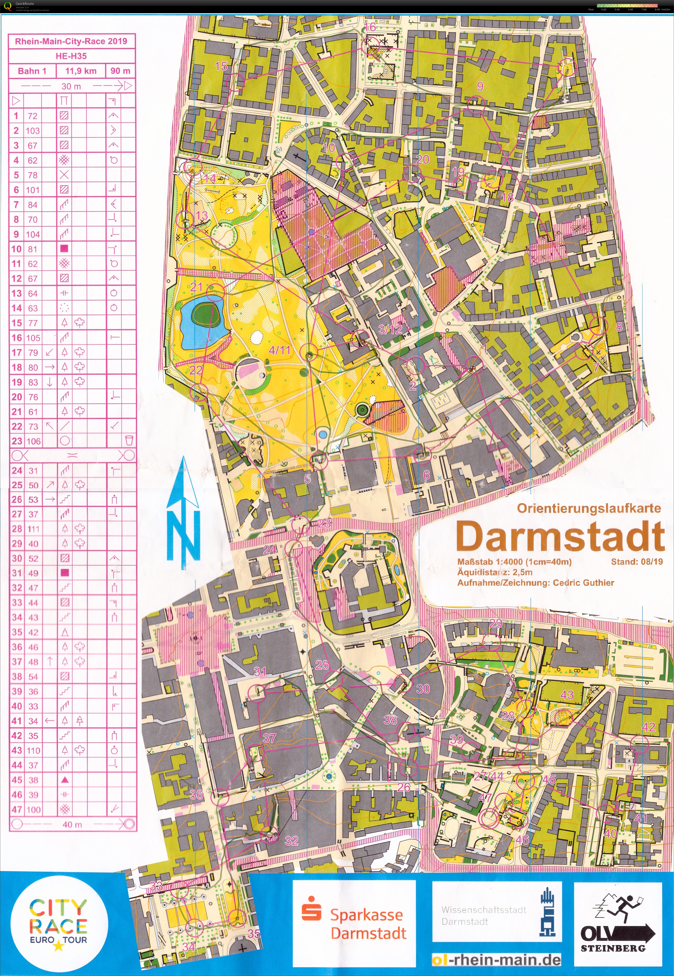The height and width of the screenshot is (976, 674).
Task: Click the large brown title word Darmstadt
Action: pos(559,537)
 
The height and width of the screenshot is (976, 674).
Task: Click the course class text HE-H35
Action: pos(71,56)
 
